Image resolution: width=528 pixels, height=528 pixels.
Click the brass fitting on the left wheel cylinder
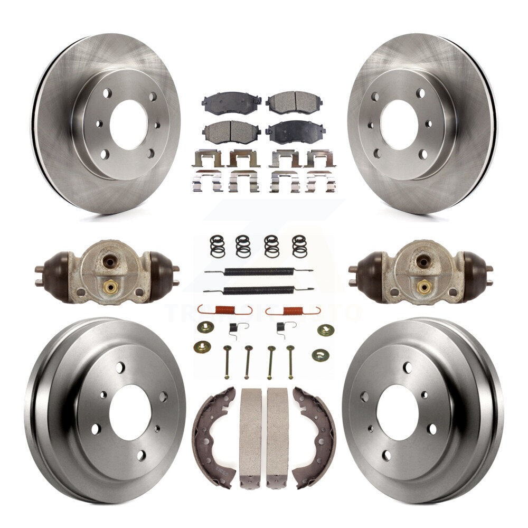coord(110,287)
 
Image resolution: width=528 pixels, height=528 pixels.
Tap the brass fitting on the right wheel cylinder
coord(423,287)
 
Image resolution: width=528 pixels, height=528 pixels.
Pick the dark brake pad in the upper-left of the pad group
coord(231,103)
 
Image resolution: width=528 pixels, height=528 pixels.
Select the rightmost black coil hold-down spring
coord(299,246)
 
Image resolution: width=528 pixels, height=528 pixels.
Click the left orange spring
coord(225,310)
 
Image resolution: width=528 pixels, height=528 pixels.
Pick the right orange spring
coord(293,310)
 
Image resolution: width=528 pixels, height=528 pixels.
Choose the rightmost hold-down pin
coord(290,362)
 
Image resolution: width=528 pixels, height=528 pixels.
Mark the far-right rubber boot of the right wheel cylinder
coord(474,269)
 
